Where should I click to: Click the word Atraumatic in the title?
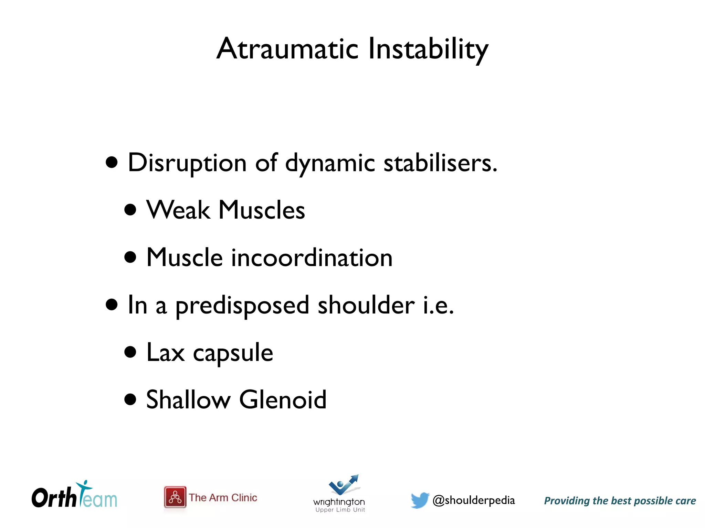[x=288, y=49]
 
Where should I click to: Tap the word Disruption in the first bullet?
[x=187, y=163]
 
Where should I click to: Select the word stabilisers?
[x=440, y=163]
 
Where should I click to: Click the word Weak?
[x=178, y=210]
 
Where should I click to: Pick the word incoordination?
[x=312, y=257]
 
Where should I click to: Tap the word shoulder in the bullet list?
[x=366, y=305]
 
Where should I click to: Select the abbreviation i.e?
[x=438, y=305]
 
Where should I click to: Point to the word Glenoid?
[x=283, y=400]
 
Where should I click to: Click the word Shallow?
[x=188, y=400]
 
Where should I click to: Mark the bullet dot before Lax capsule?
[x=130, y=352]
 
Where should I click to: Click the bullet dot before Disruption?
[x=112, y=162]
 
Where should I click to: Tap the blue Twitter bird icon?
[x=420, y=500]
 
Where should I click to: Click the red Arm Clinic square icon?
[x=175, y=497]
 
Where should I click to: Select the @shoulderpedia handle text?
[x=473, y=500]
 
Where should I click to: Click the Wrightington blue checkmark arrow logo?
[x=344, y=485]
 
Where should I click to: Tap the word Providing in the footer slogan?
[x=566, y=501]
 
